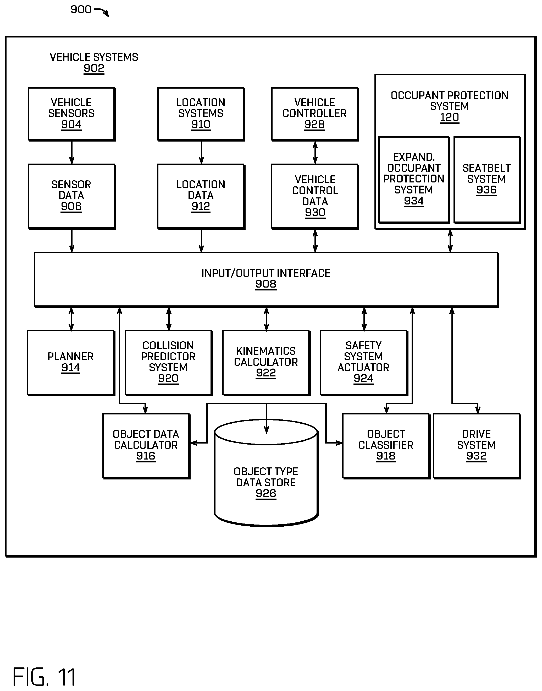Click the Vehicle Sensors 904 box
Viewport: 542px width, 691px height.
pos(71,114)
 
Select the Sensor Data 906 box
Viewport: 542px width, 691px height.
pos(71,196)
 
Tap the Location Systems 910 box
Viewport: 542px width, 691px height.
pos(201,114)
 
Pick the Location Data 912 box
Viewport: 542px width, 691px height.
pos(201,196)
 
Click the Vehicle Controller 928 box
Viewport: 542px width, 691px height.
pos(315,114)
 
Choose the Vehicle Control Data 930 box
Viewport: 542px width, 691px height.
pos(315,196)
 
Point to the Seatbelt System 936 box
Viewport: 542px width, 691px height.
pos(487,180)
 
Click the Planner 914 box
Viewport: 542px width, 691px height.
pos(71,363)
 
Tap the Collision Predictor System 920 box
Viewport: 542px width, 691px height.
pos(169,363)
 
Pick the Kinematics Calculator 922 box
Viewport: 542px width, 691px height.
pos(267,363)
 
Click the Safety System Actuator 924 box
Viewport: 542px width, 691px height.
pos(364,363)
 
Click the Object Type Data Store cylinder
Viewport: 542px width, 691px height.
pos(266,473)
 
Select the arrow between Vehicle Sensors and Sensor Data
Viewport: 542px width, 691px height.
pos(72,153)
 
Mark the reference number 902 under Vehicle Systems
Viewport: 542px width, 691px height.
pos(94,69)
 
